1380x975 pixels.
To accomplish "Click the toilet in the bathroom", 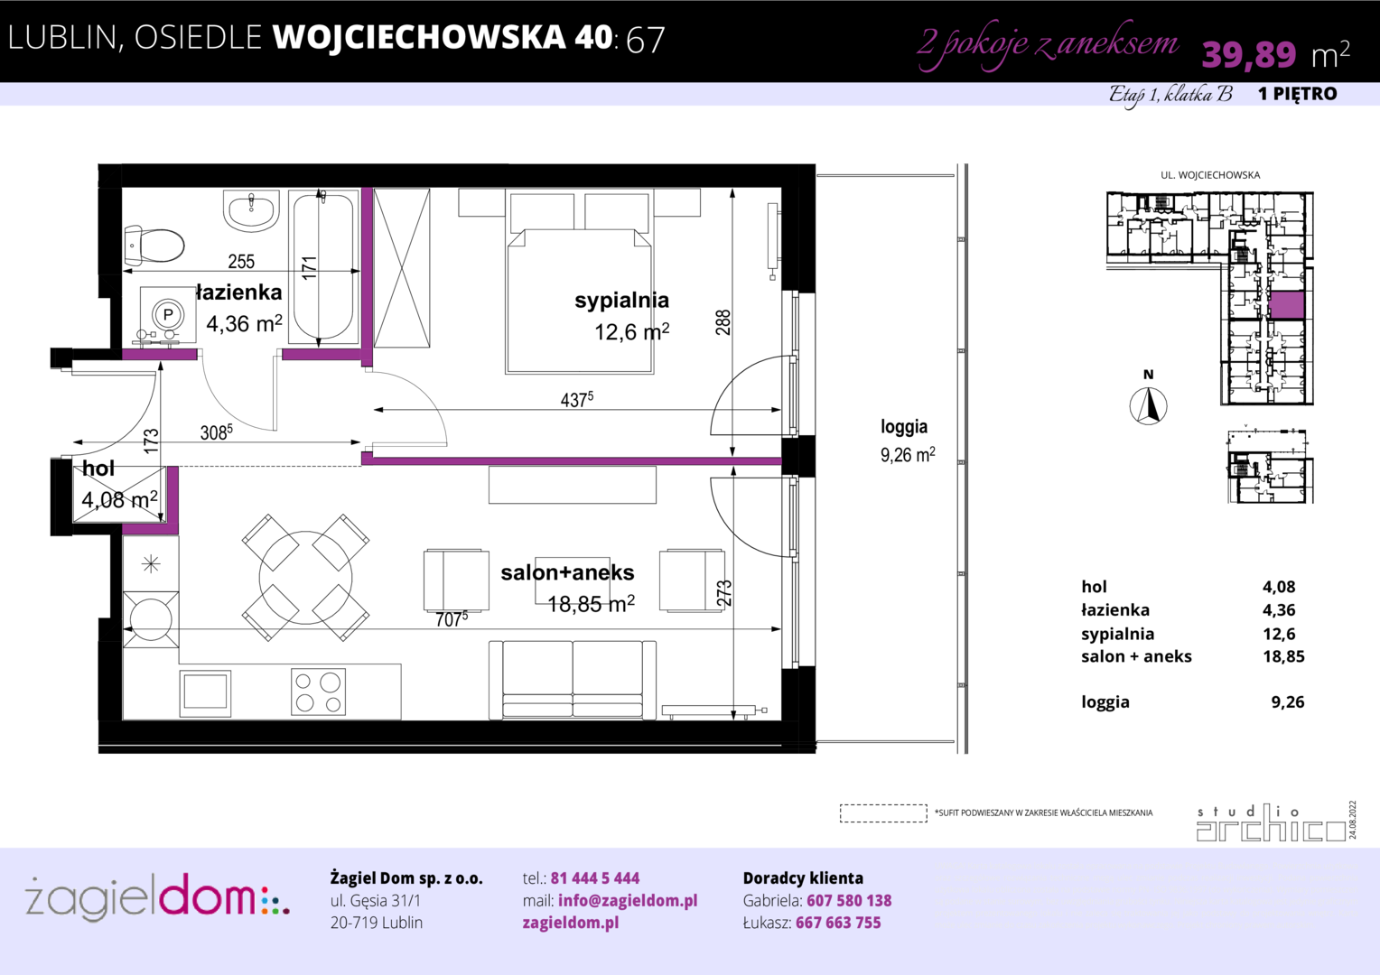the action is pos(154,246).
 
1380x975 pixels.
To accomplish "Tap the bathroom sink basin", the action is pos(251,210).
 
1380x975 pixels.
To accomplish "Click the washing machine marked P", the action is pos(168,315).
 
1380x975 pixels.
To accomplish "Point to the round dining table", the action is pos(305,578).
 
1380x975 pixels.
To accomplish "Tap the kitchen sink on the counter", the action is pos(206,693).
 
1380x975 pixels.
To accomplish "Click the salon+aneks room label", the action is pos(567,572).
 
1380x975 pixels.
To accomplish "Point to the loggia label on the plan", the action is pos(904,426).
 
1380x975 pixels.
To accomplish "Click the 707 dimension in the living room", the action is pos(452,618).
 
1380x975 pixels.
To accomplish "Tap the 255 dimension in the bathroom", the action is pos(241,262).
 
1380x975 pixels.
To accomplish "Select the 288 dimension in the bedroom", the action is pos(723,322).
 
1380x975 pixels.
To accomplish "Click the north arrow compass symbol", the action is pos(1148,406).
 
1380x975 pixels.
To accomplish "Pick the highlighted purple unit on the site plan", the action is pos(1287,305).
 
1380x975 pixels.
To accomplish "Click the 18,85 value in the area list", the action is pos(1283,656).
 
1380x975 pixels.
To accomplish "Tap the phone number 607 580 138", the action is pos(849,900).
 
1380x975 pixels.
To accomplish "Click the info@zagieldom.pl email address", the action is pos(628,900).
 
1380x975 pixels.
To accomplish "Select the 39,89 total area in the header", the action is pos(1249,54).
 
